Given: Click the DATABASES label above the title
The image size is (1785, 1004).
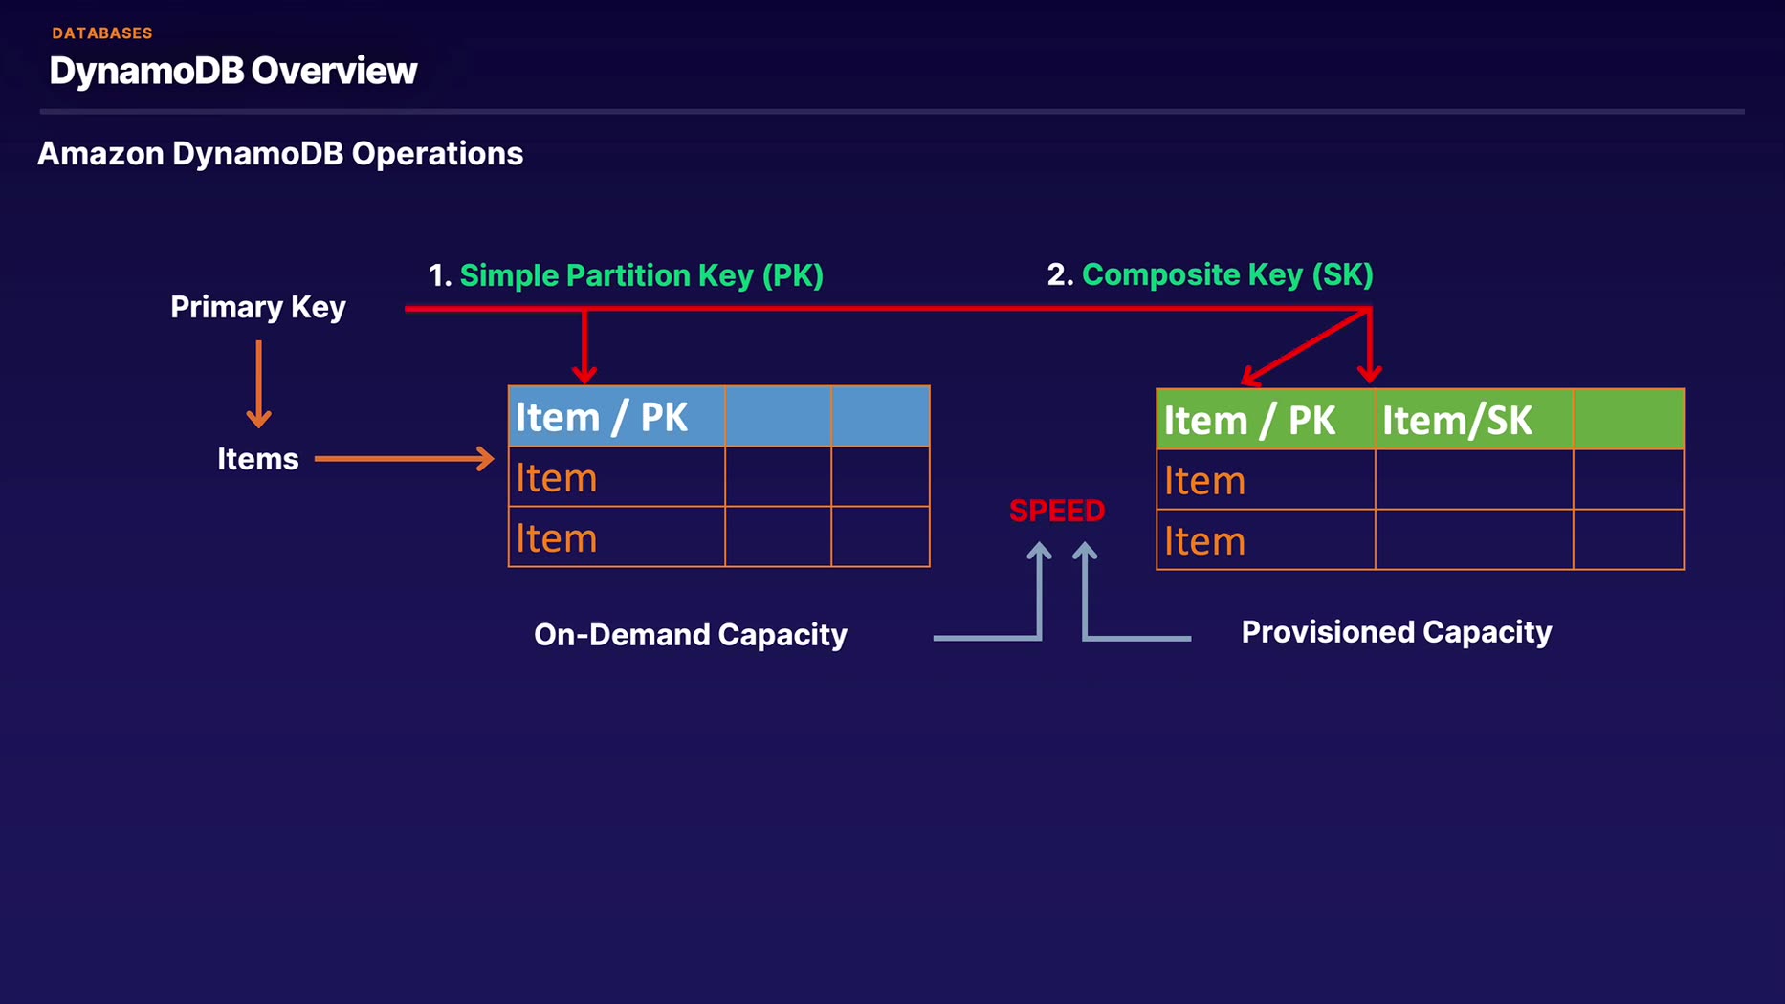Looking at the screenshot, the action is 102,33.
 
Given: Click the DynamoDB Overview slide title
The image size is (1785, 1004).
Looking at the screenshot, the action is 233,71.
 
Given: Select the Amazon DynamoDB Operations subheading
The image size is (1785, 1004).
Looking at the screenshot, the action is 280,154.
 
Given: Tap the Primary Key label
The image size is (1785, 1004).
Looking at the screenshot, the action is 258,308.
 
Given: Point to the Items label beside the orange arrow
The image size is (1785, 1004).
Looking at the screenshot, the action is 258,459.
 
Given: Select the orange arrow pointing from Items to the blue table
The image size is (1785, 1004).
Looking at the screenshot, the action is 405,459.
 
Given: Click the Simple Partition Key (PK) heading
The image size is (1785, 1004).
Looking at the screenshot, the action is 642,275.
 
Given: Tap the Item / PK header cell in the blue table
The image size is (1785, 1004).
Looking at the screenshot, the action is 617,417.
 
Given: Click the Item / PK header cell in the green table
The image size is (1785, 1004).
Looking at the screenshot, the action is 1266,420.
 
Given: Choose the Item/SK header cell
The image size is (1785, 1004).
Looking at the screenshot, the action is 1474,420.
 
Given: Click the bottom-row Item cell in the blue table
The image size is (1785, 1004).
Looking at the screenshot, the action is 617,536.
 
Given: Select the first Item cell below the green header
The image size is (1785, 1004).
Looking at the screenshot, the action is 1266,480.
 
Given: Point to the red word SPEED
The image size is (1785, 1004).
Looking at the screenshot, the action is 1057,511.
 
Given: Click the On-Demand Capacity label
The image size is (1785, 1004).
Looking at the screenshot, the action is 691,635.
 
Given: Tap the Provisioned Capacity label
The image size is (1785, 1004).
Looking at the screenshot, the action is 1397,632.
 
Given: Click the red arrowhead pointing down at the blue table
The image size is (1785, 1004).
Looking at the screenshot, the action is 584,373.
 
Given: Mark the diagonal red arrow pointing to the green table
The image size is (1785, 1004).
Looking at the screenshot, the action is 1306,347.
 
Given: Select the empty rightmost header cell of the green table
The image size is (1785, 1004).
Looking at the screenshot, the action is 1628,420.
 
